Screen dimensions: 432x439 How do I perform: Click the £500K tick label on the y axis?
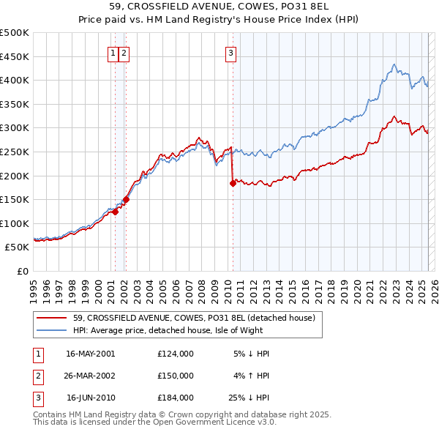tap(15, 33)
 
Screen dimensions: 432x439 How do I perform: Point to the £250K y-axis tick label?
tap(15, 152)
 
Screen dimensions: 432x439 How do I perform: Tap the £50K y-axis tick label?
tap(18, 247)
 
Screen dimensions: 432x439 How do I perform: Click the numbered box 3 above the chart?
tap(230, 52)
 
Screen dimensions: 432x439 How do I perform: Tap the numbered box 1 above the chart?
tap(114, 52)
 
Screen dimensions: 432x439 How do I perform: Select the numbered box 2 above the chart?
tap(124, 52)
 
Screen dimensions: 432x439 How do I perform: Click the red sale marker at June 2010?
tap(233, 184)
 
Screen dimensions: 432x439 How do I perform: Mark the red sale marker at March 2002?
tap(126, 199)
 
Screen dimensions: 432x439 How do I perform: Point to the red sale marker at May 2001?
tap(115, 212)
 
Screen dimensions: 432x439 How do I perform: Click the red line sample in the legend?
tap(52, 318)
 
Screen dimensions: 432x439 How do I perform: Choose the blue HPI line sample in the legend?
tap(52, 330)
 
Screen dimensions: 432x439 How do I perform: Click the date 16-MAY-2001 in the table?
tap(91, 354)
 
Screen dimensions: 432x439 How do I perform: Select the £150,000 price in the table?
tap(176, 376)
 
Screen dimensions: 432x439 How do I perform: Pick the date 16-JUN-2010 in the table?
tap(91, 398)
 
